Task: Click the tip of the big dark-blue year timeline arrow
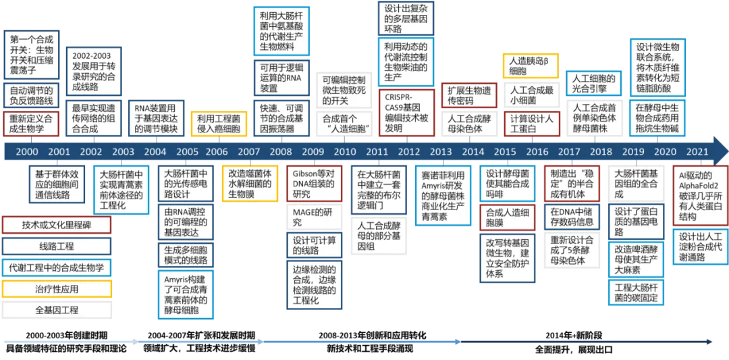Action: pos(728,151)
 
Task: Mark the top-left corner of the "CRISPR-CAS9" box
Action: pos(379,90)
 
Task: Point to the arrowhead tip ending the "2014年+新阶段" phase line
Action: pos(712,342)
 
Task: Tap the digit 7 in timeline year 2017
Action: pos(578,151)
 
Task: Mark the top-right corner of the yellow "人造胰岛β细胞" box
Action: pos(558,54)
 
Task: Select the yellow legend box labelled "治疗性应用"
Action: pos(57,289)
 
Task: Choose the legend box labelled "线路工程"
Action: pos(57,247)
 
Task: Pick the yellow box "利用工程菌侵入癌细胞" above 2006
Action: pos(219,124)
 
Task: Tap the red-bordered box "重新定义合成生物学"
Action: pos(32,124)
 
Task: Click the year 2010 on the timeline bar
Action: pos(344,151)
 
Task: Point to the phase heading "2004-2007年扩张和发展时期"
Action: pos(201,335)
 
